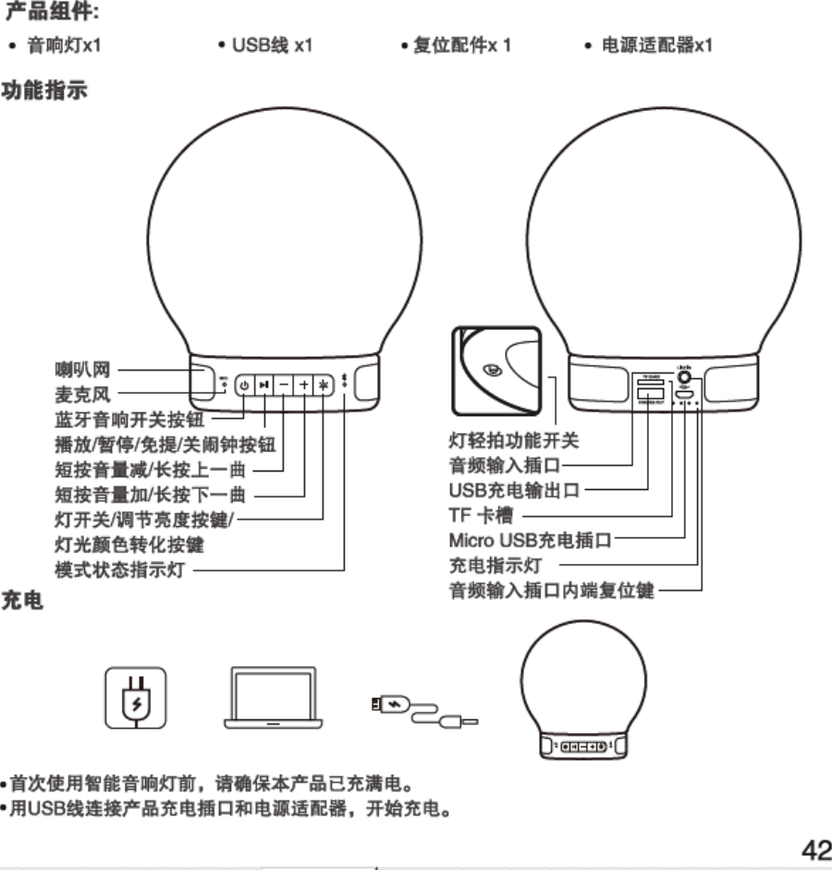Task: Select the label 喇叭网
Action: coord(82,371)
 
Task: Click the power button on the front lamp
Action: coord(244,385)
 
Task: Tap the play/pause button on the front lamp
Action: coord(264,385)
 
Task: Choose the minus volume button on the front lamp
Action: coord(284,385)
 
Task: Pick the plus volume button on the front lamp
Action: coord(304,385)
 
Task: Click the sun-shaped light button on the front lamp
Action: coord(324,385)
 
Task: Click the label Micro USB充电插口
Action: coord(531,539)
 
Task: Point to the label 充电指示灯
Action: coord(496,564)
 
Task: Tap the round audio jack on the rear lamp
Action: coord(686,376)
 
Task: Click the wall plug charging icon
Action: coord(136,699)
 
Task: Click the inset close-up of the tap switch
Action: coord(496,370)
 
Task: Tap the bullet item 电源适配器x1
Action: coord(656,44)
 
